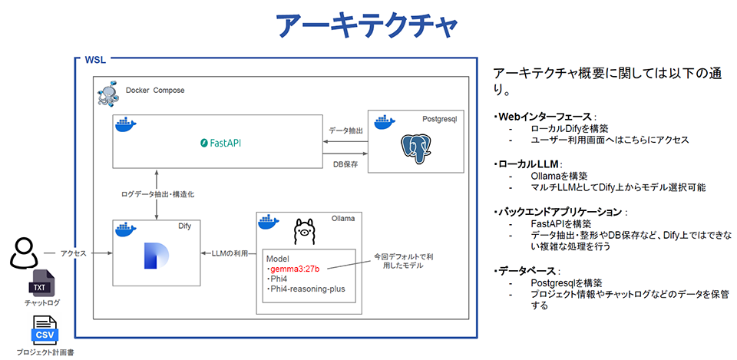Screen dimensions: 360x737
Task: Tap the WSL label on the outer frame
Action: (95, 60)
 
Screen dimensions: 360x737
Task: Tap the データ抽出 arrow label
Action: (345, 130)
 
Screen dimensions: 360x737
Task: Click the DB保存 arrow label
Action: (345, 163)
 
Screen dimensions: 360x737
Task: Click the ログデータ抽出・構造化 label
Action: (158, 195)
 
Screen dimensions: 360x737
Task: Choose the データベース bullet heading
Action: (528, 271)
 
